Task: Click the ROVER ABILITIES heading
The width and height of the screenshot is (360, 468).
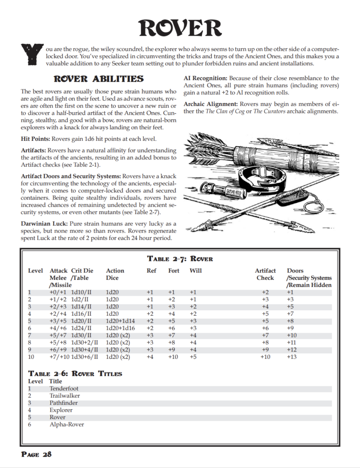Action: coord(98,79)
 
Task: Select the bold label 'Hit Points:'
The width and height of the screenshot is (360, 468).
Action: coord(36,138)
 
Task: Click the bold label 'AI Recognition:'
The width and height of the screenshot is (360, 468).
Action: coord(205,78)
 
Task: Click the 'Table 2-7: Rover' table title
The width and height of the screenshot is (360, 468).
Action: coord(180,259)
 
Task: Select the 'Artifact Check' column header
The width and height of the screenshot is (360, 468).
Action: coord(265,274)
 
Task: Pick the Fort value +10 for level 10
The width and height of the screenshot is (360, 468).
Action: coord(174,356)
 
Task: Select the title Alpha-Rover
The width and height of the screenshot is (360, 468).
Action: coord(67,425)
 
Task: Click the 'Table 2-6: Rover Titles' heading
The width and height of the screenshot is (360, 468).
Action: coord(75,373)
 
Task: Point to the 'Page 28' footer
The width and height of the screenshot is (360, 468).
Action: coord(37,454)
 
